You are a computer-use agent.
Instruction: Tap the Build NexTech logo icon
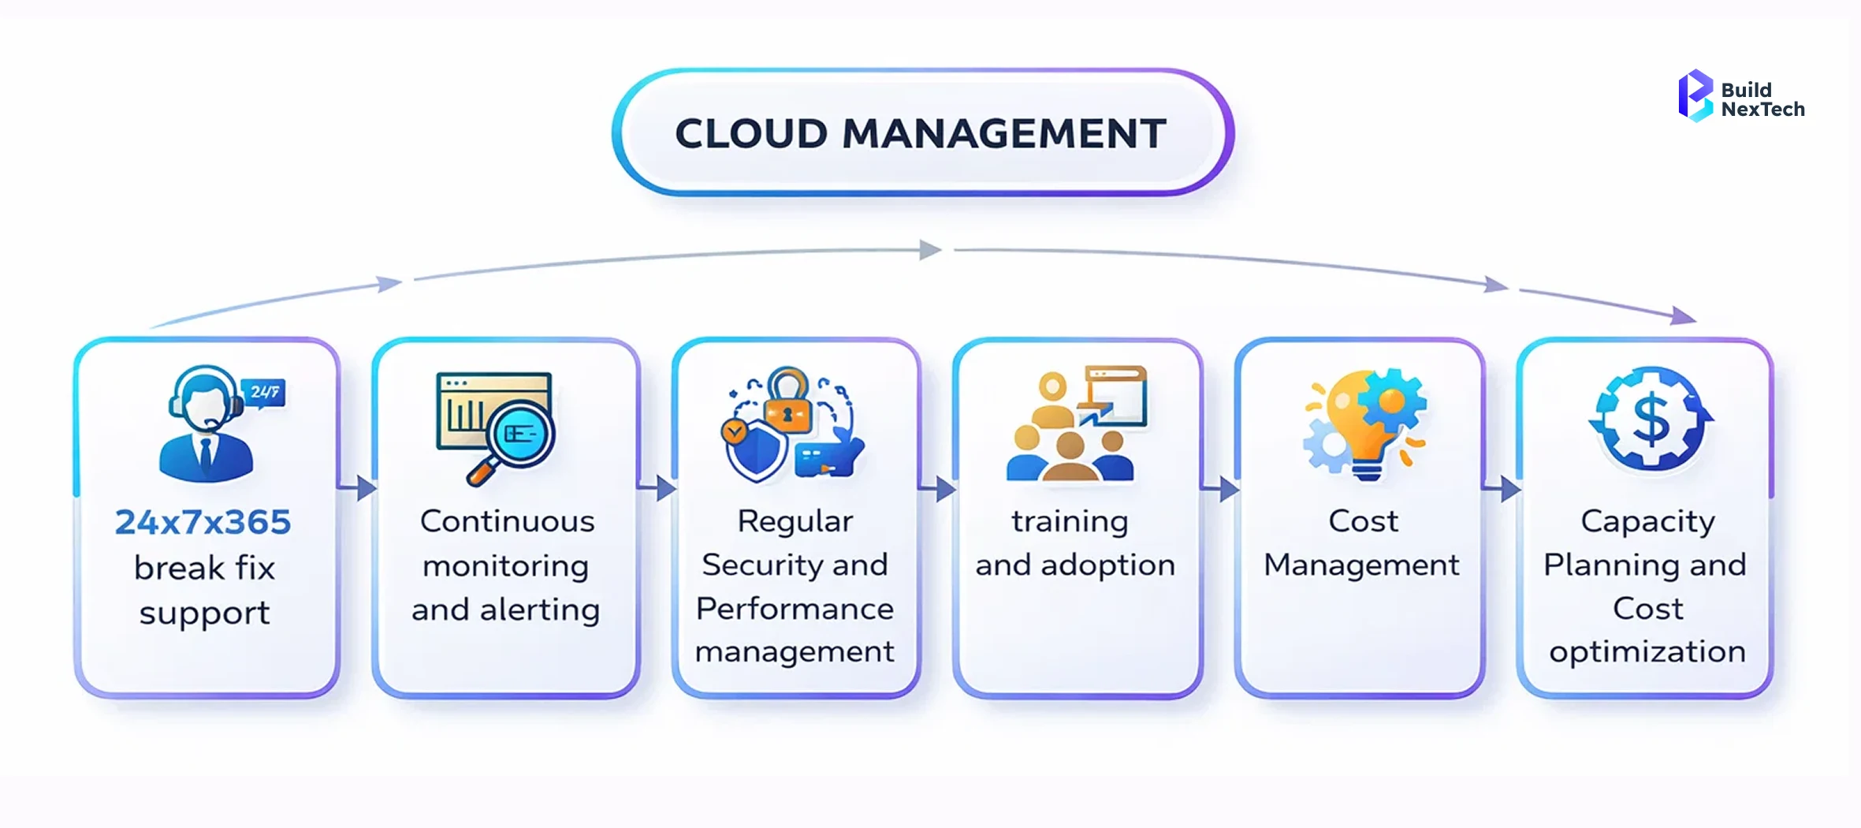click(x=1695, y=96)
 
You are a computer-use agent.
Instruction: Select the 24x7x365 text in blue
click(x=203, y=522)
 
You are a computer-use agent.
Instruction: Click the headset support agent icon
click(x=205, y=426)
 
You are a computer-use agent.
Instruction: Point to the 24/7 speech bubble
click(x=265, y=392)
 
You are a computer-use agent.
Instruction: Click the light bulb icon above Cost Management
click(x=1360, y=422)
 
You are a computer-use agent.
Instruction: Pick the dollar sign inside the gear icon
click(x=1650, y=419)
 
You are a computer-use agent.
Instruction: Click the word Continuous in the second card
click(x=507, y=521)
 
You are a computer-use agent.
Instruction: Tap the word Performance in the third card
click(x=795, y=609)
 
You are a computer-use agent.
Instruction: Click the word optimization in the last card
click(x=1647, y=652)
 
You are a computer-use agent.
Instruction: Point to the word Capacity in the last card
click(x=1647, y=522)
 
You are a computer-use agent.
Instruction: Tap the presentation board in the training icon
click(x=1115, y=394)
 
